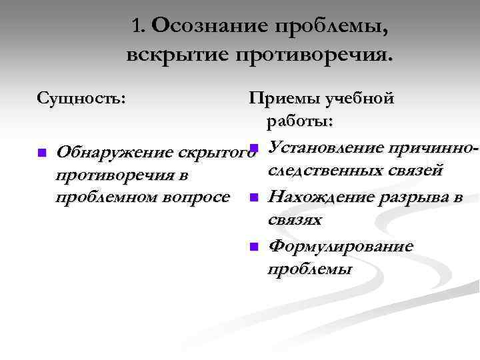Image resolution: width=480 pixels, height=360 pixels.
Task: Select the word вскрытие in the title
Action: [x=173, y=54]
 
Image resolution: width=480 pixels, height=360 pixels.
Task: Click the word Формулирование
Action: [x=340, y=247]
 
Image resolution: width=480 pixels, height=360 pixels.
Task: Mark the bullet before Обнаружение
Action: [x=41, y=153]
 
